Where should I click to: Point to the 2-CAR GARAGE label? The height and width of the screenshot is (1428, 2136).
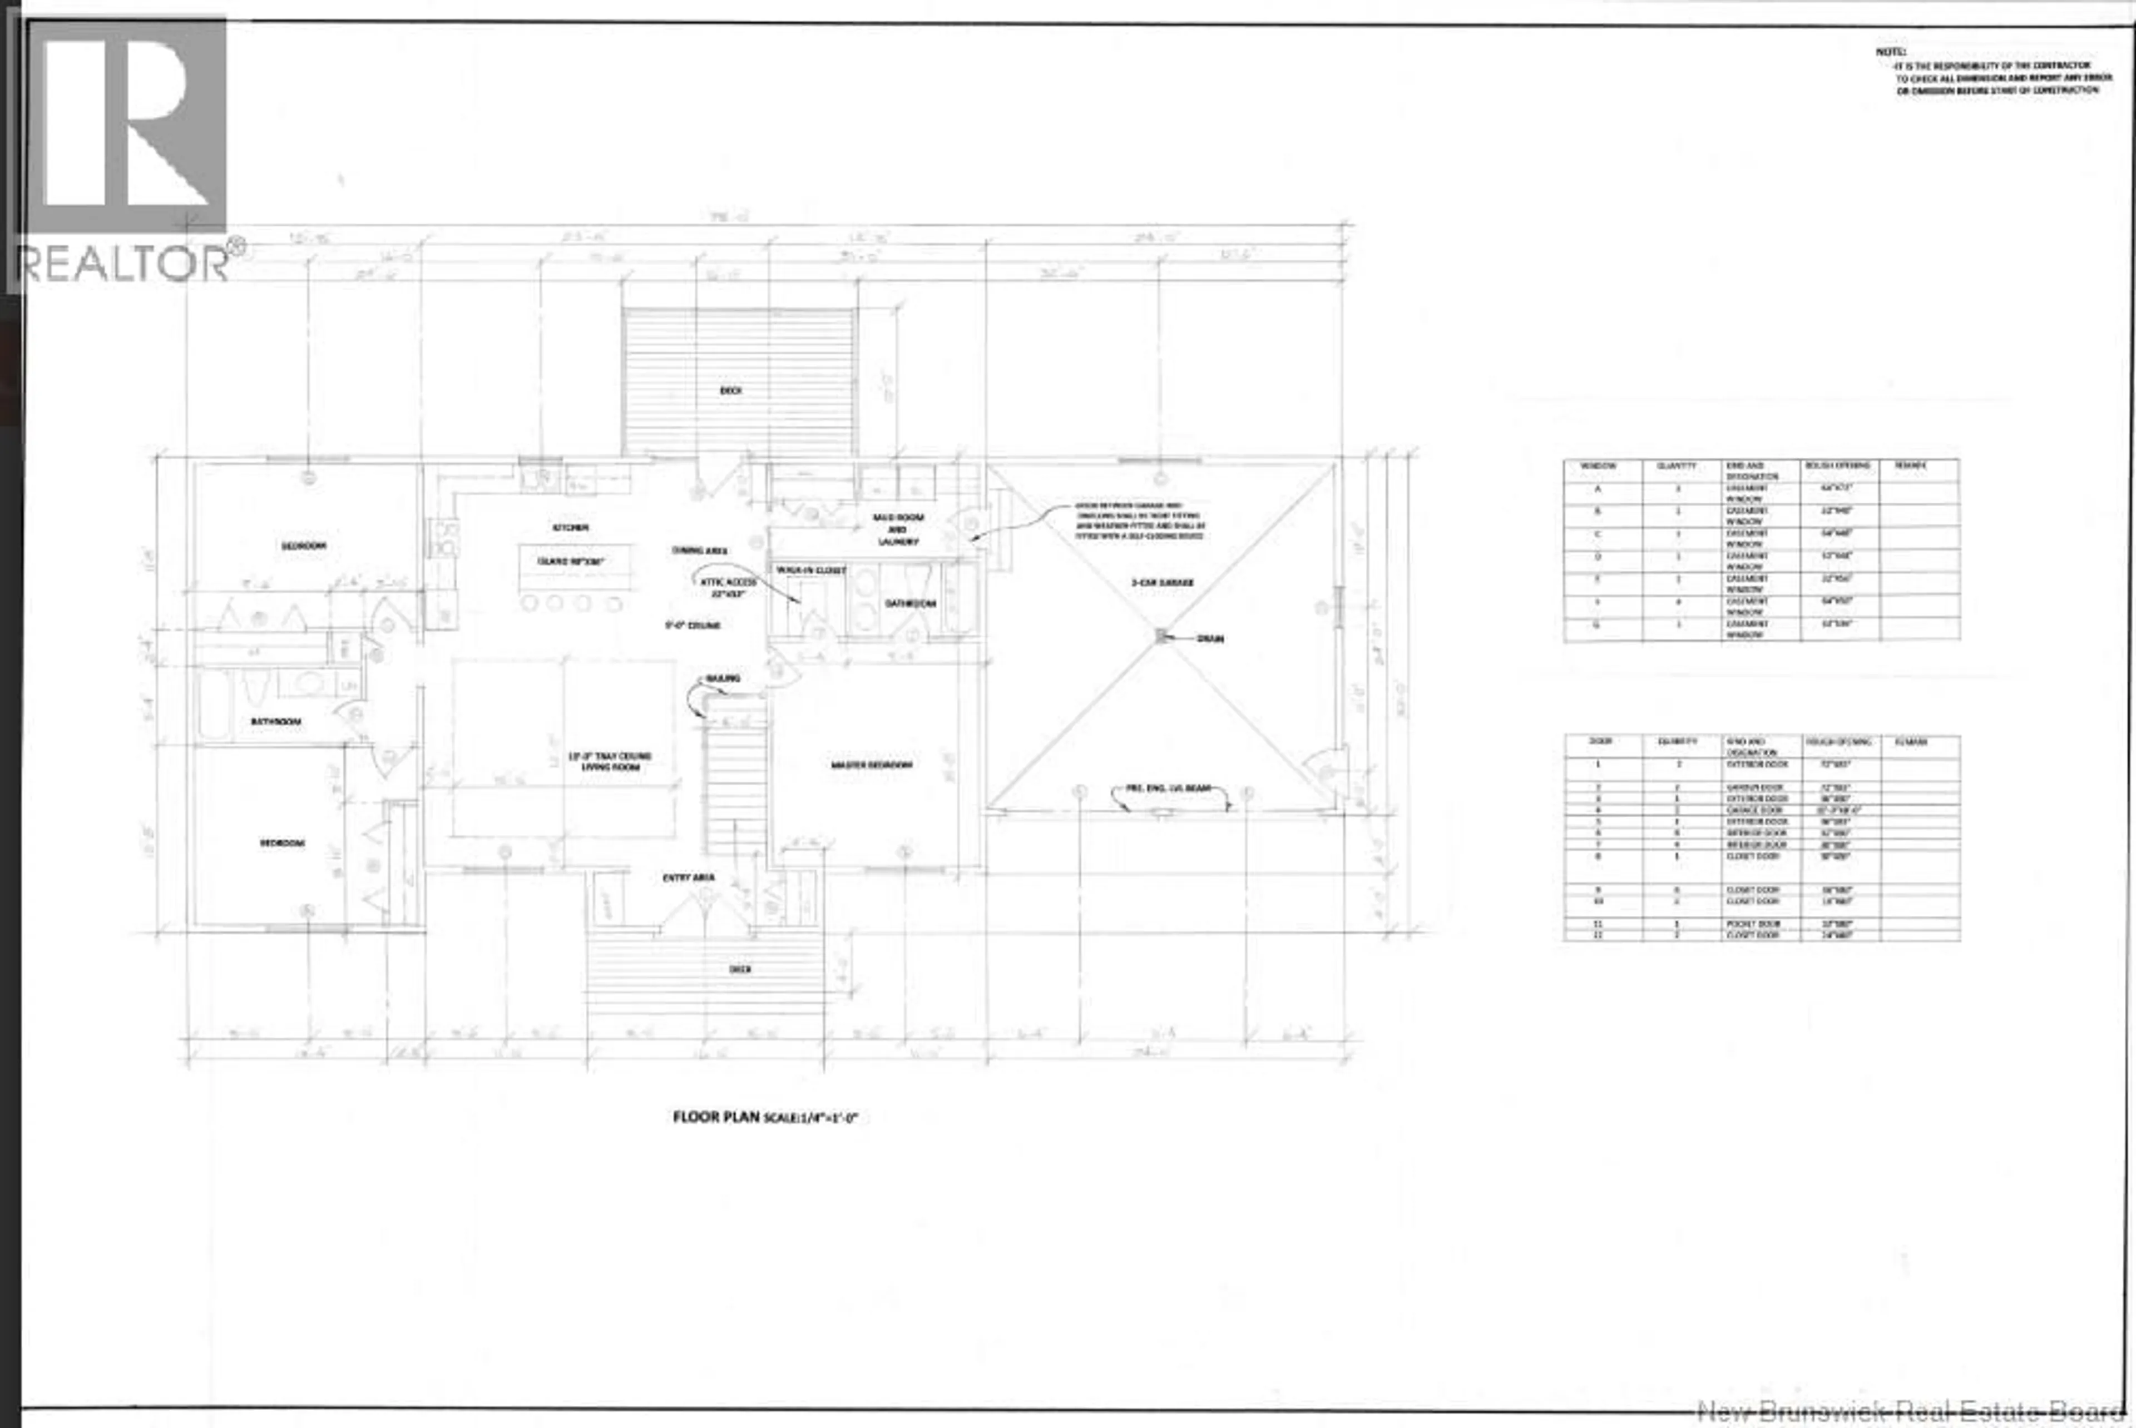1162,582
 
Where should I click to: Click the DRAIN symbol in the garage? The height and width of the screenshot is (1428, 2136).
1161,636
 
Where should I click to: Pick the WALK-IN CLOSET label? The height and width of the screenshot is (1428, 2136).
810,570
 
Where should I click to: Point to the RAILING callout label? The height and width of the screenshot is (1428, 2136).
723,678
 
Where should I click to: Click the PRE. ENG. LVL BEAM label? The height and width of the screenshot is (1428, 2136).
1169,789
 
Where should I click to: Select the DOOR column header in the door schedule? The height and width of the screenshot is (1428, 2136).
1600,741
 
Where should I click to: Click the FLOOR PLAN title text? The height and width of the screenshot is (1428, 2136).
716,1117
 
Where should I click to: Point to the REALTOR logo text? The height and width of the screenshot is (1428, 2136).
123,263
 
